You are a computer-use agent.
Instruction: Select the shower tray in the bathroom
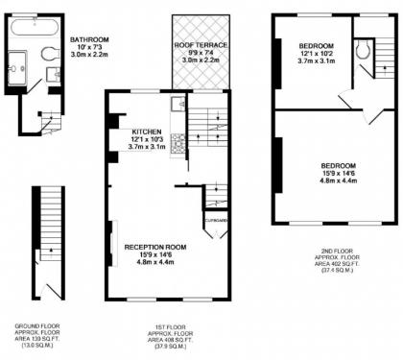[x=23, y=66]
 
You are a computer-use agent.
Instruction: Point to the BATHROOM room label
[x=89, y=39]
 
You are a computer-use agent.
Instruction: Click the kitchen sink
[x=178, y=105]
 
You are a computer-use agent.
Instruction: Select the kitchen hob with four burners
[x=178, y=139]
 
